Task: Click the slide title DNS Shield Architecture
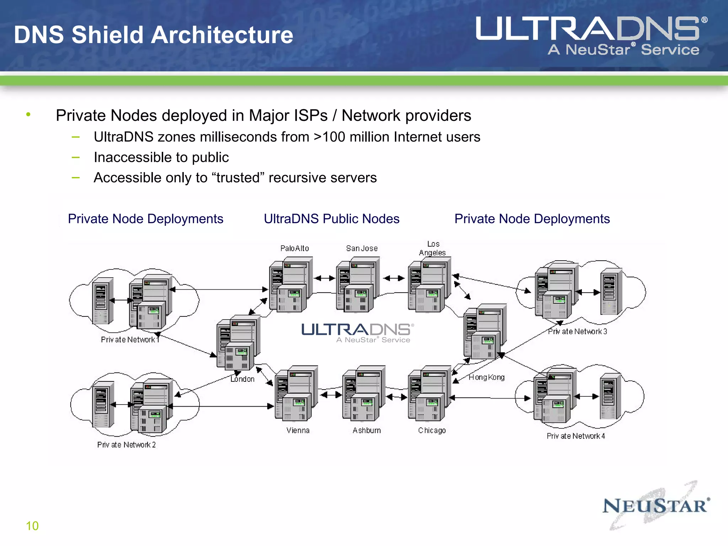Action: (153, 35)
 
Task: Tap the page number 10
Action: (32, 526)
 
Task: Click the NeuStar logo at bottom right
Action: (656, 506)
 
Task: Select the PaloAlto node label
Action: (294, 248)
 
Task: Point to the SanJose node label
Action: (362, 248)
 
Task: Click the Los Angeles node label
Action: (433, 248)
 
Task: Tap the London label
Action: (242, 379)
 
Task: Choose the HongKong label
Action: (486, 377)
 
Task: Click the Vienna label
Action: (298, 430)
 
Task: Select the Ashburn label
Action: (366, 430)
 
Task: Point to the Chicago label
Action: (432, 430)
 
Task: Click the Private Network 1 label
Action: (130, 339)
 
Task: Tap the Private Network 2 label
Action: (127, 445)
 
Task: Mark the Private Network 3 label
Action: (577, 331)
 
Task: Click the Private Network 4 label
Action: (576, 436)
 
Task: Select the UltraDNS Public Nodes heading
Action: (331, 219)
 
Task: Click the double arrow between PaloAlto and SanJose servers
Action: (325, 278)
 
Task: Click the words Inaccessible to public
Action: (161, 157)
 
